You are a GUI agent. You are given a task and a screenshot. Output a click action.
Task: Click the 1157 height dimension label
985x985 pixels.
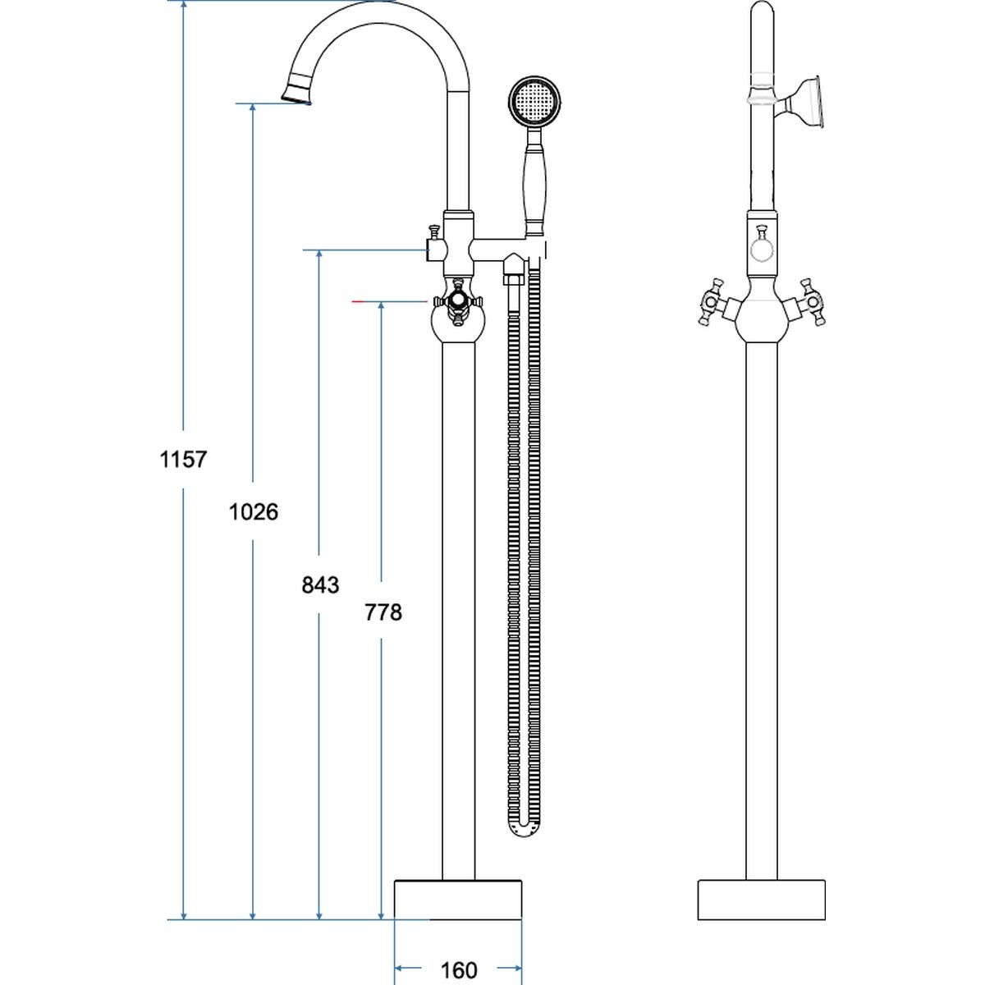183,459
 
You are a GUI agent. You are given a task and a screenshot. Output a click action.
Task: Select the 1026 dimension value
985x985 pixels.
253,512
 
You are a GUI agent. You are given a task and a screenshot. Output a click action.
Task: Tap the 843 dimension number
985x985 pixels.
319,584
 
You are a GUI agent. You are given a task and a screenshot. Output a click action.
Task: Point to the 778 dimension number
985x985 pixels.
383,612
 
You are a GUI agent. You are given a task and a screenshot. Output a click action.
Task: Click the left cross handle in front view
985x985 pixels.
710,301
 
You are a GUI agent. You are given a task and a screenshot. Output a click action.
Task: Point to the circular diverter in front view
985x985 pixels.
761,247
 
